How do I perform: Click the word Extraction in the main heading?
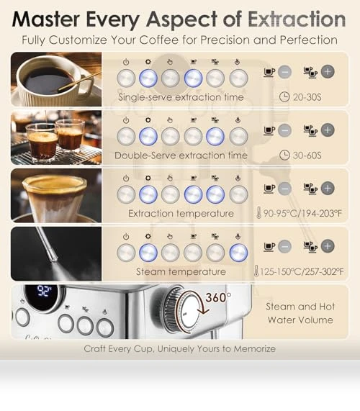pos(297,19)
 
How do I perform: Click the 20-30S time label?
pos(307,97)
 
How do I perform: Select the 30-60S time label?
pos(307,155)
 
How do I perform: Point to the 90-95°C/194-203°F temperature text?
pos(302,213)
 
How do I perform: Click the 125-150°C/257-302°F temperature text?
pos(301,271)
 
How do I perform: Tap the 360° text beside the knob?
pos(218,297)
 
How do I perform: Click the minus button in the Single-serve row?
pos(284,72)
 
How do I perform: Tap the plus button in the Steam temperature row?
pos(328,246)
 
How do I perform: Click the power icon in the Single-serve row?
pos(126,62)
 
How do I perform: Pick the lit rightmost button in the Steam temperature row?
pos(238,253)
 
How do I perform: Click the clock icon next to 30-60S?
pos(284,155)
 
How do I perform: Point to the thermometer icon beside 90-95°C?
pos(258,213)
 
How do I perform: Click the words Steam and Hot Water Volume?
pos(300,313)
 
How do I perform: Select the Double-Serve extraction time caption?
pos(181,155)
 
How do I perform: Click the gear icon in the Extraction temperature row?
pos(148,178)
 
